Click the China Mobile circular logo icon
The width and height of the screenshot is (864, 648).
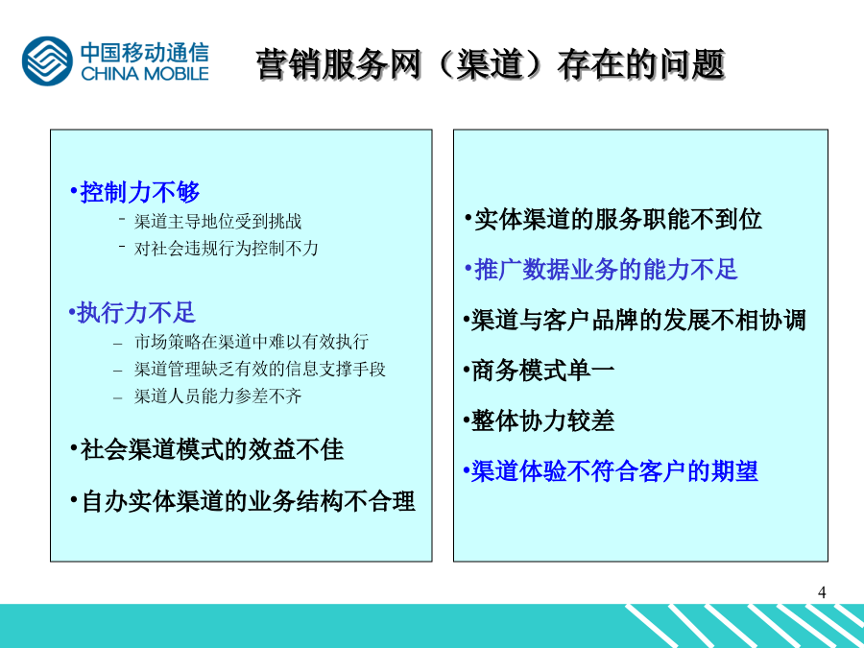[47, 61]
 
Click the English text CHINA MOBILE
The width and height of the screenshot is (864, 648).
[145, 73]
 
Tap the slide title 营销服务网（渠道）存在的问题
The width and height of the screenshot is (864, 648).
[491, 65]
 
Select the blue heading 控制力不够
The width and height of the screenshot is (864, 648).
[139, 192]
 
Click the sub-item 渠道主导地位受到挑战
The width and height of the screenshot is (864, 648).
[218, 222]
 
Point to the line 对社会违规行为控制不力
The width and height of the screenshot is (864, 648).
[226, 249]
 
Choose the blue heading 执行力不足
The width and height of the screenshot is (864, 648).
[136, 313]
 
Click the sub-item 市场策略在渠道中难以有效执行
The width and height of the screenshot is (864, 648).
[252, 342]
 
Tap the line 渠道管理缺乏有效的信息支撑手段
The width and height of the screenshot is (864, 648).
[259, 370]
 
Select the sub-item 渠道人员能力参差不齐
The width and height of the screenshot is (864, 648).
[218, 396]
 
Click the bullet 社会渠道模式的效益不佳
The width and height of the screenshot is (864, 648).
[211, 449]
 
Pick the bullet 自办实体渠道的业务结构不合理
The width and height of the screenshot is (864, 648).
[248, 501]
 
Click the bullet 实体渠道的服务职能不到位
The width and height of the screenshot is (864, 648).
[617, 219]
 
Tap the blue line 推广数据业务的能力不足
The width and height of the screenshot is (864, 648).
[606, 270]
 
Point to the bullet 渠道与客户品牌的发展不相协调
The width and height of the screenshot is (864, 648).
[638, 321]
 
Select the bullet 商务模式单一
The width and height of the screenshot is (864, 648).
[542, 371]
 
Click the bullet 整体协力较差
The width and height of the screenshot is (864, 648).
[542, 421]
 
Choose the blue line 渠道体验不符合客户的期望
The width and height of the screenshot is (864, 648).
[614, 471]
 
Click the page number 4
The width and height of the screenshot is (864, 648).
[822, 593]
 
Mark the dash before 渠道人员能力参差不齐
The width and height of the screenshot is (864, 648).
[117, 397]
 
